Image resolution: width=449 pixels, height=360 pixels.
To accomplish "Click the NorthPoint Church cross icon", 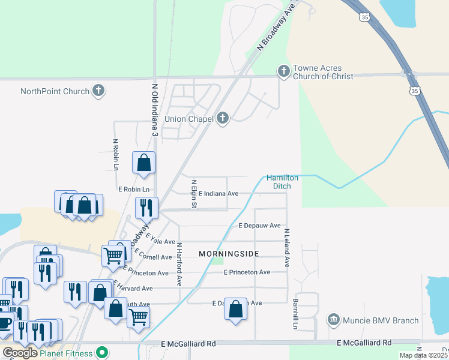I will click(99, 91).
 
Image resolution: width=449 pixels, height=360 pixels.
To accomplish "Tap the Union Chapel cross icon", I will click(223, 118).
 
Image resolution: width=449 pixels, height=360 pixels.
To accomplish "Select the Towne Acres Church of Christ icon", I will click(283, 71).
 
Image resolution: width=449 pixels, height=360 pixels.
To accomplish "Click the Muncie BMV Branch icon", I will click(334, 320).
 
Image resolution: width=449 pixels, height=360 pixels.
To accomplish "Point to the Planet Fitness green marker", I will click(102, 352).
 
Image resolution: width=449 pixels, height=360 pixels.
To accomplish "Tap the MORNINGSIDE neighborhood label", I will click(229, 254).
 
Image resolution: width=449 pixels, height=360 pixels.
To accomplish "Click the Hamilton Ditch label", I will click(282, 182).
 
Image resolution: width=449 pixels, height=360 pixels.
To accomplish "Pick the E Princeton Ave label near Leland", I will click(247, 272).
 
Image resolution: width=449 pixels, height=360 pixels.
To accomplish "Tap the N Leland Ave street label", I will click(287, 247).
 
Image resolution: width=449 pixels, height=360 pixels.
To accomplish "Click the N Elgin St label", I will click(193, 194).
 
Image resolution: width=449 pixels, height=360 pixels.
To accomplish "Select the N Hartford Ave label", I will click(179, 263).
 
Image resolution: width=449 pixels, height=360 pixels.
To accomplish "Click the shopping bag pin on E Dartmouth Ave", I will click(235, 309).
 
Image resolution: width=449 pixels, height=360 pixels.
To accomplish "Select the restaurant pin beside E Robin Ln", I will click(146, 208).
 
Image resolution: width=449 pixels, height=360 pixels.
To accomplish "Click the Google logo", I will click(20, 352).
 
